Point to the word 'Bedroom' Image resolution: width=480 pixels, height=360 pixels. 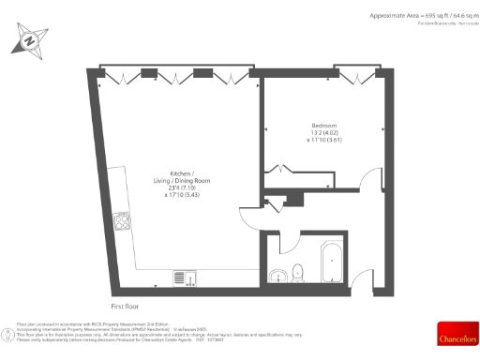(324, 126)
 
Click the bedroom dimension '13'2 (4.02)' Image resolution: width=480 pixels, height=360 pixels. (324, 133)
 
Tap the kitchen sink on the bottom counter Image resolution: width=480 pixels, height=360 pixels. (184, 277)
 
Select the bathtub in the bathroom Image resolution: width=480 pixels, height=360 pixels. (332, 262)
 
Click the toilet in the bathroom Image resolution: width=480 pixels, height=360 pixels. (297, 273)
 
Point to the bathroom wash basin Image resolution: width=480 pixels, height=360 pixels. (278, 276)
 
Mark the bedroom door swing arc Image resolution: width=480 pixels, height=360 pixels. (371, 184)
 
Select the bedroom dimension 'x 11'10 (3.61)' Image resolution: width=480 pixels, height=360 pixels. (324, 141)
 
